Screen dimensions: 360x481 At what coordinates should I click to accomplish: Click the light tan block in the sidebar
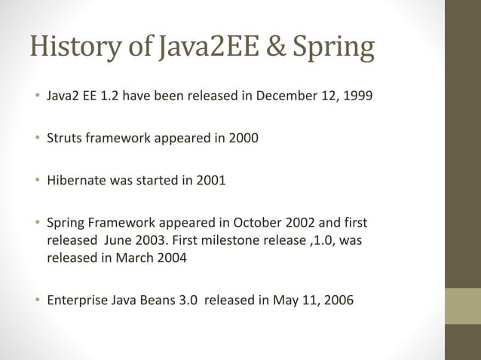(x=462, y=306)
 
